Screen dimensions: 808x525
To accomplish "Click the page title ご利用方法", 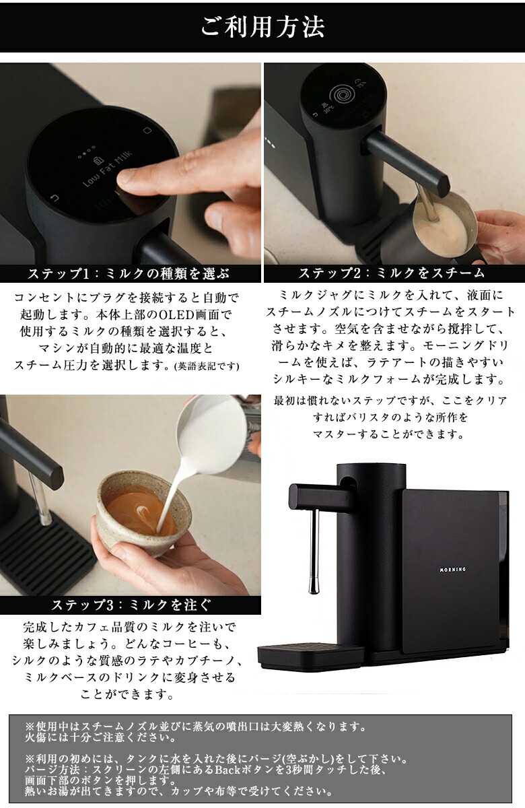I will pos(262,27).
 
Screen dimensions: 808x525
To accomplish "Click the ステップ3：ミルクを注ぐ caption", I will pos(131,604).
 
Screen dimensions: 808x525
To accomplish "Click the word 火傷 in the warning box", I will pos(36,737).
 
